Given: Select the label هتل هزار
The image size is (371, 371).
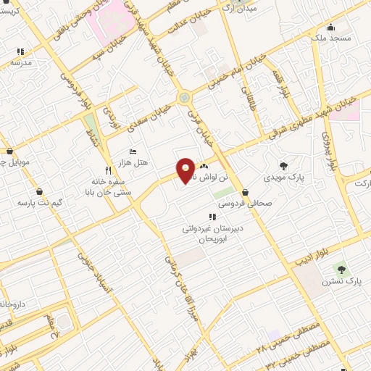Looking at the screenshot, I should click(x=134, y=163).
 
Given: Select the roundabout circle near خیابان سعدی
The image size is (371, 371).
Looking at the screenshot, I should click(x=184, y=97).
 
